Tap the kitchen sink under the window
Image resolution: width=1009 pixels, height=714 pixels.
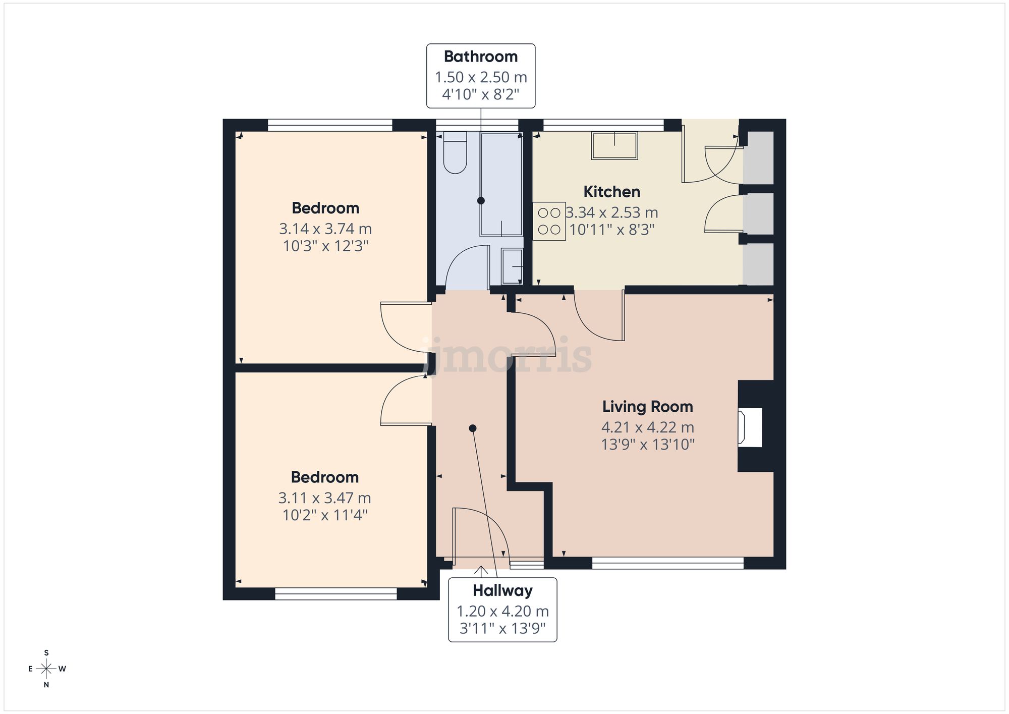(x=614, y=145)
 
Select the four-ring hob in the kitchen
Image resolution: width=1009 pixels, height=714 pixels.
(x=549, y=221)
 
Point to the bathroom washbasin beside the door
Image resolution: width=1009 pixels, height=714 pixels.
(x=512, y=266)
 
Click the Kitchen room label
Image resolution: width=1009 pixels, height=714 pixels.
(x=611, y=192)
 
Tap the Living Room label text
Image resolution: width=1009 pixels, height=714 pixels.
(x=647, y=407)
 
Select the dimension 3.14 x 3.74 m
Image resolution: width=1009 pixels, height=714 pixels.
(x=325, y=229)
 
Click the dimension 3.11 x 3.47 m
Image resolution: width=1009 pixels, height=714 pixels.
(x=324, y=498)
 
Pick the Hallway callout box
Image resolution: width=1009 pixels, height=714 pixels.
(x=502, y=610)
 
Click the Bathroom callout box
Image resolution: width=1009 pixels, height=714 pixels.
(x=481, y=76)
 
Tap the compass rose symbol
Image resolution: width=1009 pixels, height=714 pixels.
(x=46, y=669)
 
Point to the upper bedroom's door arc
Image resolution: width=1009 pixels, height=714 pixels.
(x=404, y=328)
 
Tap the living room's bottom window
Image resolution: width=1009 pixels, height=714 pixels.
(x=667, y=563)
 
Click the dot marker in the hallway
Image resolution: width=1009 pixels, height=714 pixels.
(x=473, y=428)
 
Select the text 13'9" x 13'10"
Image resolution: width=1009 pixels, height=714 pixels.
(x=647, y=445)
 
